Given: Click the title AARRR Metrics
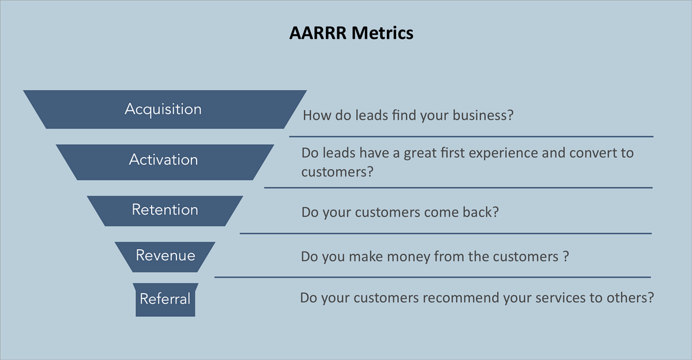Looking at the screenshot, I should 351,33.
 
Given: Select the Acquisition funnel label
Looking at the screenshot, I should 163,109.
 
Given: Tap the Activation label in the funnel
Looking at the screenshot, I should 163,160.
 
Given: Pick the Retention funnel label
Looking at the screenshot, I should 165,209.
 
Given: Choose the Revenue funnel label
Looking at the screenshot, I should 166,254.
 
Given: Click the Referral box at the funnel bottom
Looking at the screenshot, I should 165,299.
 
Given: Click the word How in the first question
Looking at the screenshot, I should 315,115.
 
